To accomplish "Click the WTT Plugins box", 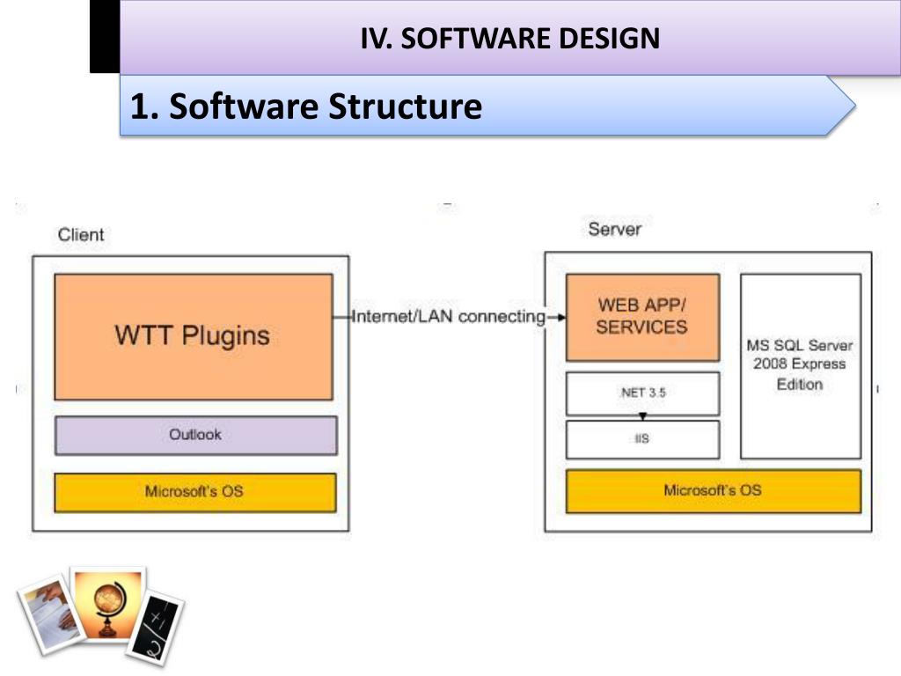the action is tap(194, 337).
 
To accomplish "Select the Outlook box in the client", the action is tap(196, 435).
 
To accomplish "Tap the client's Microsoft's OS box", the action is tap(195, 492).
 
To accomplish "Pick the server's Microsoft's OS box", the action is tap(714, 491).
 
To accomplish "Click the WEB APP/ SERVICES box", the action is tap(642, 317).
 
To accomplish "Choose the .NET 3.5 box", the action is tap(642, 393).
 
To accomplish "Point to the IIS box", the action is tap(642, 440).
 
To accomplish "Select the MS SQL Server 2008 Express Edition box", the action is tap(801, 366).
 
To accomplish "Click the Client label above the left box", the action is tap(81, 234).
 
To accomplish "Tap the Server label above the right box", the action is tap(615, 230).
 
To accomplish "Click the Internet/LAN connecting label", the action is tap(448, 316).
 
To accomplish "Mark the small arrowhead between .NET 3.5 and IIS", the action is tap(642, 416).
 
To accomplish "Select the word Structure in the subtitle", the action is tap(405, 107).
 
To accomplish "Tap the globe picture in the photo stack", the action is tap(108, 604).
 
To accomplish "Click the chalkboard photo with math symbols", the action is tap(155, 628).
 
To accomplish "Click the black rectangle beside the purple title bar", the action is tap(105, 36).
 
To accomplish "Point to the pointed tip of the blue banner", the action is tap(855, 106).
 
